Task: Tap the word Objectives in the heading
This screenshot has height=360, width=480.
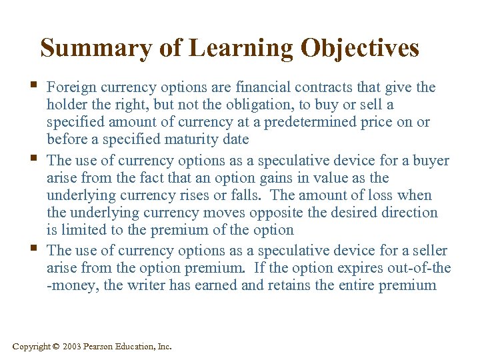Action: tap(360, 48)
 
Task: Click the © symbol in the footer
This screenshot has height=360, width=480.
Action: tap(57, 346)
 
